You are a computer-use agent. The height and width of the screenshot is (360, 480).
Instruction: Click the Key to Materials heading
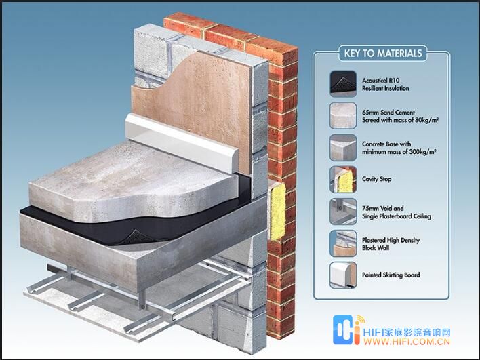(382, 54)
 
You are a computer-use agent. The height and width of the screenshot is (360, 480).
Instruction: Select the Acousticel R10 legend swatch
(343, 84)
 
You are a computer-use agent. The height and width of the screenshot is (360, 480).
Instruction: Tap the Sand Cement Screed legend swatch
(343, 116)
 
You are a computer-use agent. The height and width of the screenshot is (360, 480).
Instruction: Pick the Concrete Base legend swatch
(343, 148)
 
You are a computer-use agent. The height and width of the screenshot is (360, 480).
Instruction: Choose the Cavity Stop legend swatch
(343, 180)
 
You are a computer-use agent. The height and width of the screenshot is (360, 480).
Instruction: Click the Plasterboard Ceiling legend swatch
(343, 212)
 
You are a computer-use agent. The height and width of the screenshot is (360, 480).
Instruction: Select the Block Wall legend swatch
(343, 243)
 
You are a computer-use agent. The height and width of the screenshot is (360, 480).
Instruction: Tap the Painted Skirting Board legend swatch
(343, 275)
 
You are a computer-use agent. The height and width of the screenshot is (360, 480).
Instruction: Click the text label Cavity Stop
(376, 179)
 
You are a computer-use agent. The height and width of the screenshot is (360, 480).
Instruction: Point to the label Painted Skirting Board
(391, 275)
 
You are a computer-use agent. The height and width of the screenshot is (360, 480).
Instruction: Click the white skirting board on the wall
(181, 142)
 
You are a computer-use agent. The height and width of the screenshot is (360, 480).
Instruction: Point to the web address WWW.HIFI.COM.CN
(407, 342)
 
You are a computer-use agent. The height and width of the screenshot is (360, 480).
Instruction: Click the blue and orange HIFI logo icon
(348, 329)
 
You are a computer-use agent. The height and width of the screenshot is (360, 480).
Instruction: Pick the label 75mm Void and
(382, 208)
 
